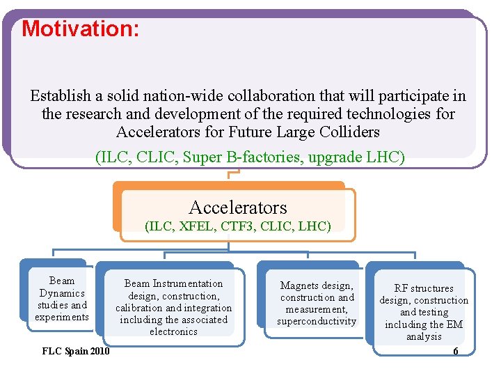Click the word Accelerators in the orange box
(237, 207)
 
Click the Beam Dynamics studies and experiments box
(62, 299)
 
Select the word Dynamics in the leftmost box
(62, 293)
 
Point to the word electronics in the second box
(173, 331)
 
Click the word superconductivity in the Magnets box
(317, 321)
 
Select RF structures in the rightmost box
(424, 288)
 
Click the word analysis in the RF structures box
(424, 336)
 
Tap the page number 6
(456, 351)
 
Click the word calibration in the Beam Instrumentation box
(138, 308)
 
